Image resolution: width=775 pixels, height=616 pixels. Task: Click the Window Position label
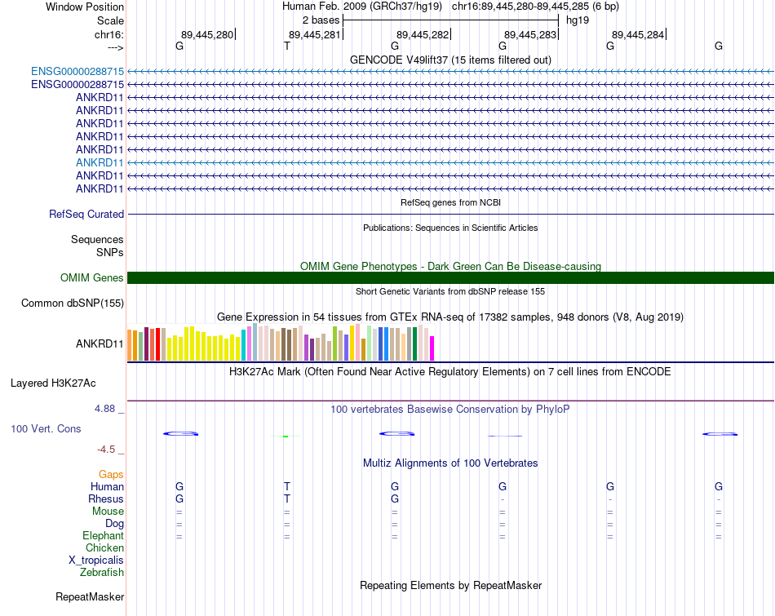[85, 7]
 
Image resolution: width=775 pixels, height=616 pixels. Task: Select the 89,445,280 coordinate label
[207, 34]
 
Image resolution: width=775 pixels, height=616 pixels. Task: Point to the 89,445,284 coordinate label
[638, 34]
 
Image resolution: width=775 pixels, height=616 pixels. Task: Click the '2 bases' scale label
[321, 20]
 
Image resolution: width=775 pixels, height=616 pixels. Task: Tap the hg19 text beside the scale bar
[578, 20]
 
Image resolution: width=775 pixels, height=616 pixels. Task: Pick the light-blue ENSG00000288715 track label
[77, 71]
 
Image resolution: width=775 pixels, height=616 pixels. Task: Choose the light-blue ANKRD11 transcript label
[100, 162]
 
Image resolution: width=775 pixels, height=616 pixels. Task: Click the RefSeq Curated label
[86, 215]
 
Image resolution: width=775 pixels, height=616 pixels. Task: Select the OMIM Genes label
[92, 278]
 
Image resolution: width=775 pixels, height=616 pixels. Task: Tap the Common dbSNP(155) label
[73, 304]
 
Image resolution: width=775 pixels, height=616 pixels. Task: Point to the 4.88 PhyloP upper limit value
[108, 408]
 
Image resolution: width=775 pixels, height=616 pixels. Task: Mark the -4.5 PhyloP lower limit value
[108, 449]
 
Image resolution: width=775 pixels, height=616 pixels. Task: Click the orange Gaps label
[111, 474]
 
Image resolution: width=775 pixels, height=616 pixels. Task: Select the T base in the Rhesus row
[287, 499]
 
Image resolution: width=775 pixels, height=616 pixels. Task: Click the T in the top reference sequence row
[287, 47]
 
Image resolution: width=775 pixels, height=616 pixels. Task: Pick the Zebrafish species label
[102, 572]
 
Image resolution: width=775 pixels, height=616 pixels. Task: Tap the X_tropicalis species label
[96, 560]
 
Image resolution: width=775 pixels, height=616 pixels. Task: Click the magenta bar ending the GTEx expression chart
[432, 348]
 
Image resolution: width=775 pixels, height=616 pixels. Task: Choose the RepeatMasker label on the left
[90, 597]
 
